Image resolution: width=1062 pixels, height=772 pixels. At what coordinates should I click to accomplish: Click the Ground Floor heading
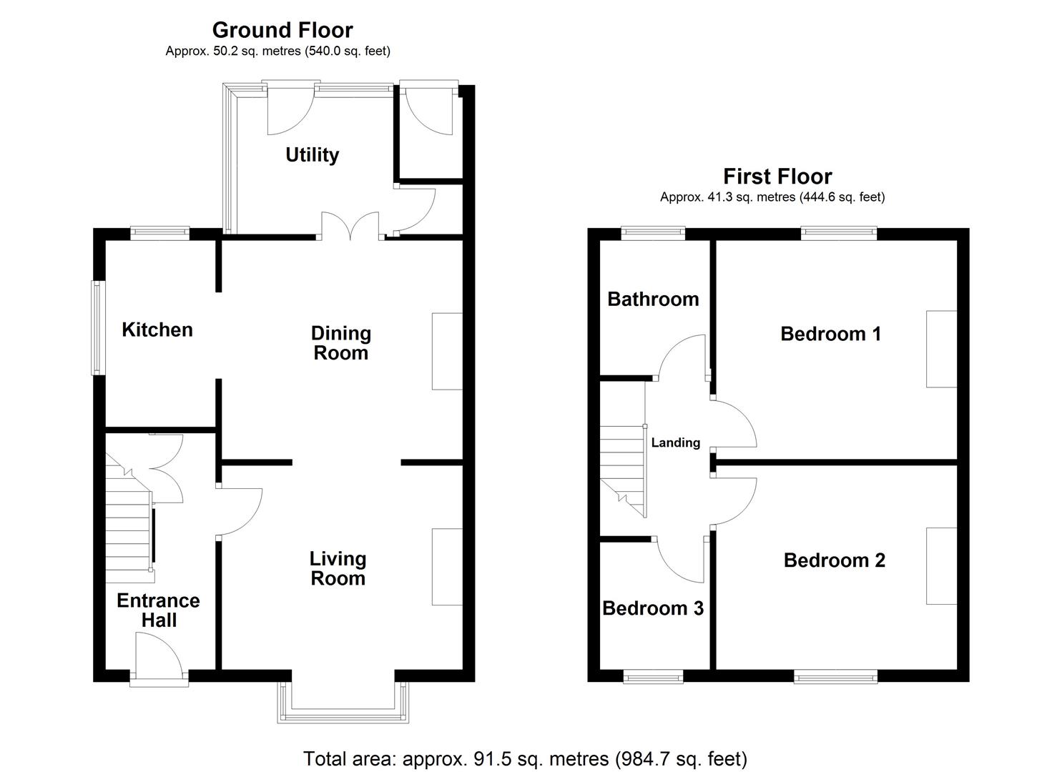click(x=282, y=30)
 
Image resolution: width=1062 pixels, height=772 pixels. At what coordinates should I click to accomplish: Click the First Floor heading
click(x=777, y=176)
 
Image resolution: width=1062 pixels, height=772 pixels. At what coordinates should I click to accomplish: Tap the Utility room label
click(x=312, y=154)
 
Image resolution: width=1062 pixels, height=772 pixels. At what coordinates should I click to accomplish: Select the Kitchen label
click(x=157, y=330)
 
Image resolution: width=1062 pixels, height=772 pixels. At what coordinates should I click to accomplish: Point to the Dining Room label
click(x=340, y=343)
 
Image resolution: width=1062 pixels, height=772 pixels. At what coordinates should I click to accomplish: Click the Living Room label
click(x=338, y=568)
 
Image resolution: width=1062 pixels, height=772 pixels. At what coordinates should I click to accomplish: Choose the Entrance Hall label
click(x=158, y=610)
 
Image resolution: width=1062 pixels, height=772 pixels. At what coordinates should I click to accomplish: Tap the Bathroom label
click(x=653, y=299)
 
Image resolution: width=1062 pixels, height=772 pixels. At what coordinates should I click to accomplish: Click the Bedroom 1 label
click(x=830, y=333)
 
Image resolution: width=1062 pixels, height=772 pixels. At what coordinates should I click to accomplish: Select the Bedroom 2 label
click(x=834, y=560)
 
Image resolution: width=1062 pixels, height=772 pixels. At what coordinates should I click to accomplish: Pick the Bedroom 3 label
click(x=653, y=608)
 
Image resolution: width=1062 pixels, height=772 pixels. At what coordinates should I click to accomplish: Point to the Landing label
click(x=675, y=442)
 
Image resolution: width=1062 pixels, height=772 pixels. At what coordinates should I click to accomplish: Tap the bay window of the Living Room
click(x=343, y=704)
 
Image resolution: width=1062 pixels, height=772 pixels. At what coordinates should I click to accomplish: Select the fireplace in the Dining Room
click(x=447, y=351)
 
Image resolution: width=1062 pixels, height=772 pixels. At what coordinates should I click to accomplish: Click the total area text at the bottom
click(x=525, y=758)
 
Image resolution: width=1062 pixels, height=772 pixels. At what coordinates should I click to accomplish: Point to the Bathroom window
click(x=652, y=232)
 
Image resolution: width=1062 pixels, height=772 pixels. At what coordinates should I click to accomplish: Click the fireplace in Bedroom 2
click(x=942, y=566)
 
